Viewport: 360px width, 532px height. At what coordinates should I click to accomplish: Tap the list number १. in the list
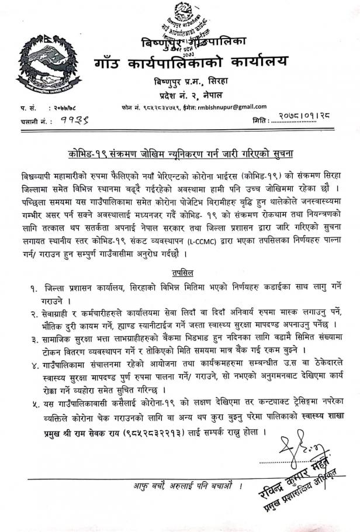click(36, 288)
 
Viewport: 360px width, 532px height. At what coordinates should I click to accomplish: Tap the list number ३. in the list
click(36, 339)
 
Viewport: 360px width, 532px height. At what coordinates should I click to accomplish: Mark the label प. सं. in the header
click(27, 108)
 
